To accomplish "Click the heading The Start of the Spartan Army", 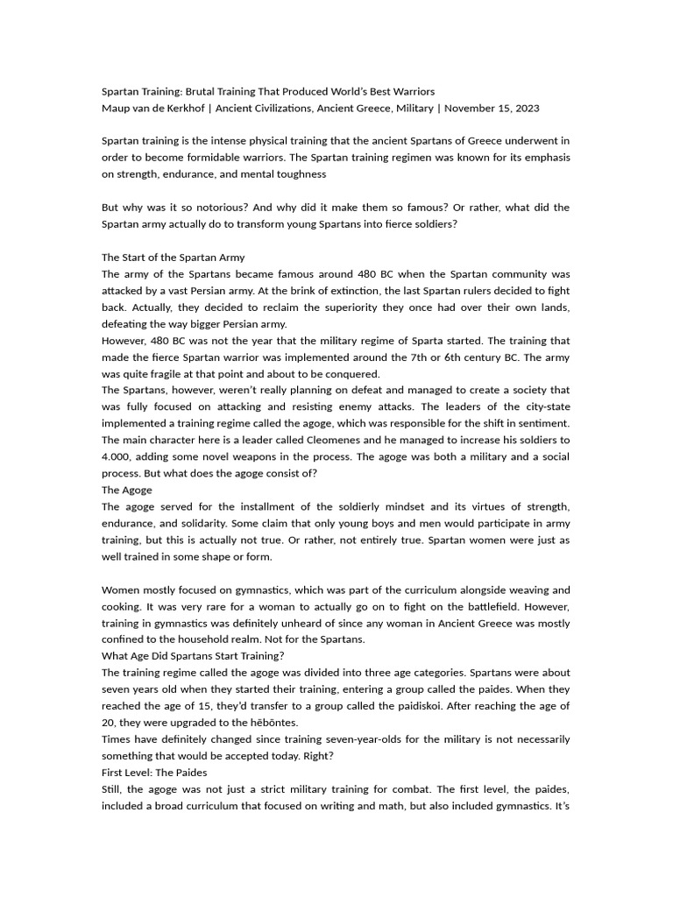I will [174, 258].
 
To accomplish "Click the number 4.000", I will [117, 456].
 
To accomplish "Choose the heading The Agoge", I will [127, 490].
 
